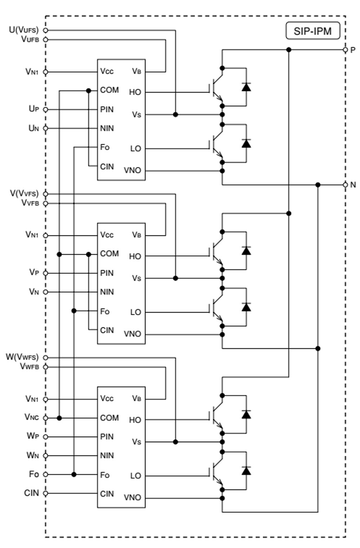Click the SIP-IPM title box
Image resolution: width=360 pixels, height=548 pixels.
pyautogui.click(x=312, y=31)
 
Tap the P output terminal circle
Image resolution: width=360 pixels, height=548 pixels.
pyautogui.click(x=345, y=50)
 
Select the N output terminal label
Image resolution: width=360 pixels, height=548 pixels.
pyautogui.click(x=353, y=185)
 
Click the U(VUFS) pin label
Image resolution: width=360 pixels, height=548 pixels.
pyautogui.click(x=24, y=30)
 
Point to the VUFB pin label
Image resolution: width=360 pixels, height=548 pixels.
pyautogui.click(x=30, y=39)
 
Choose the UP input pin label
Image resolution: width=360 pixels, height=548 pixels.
pyautogui.click(x=34, y=109)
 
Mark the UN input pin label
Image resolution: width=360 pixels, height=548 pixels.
pyautogui.click(x=34, y=128)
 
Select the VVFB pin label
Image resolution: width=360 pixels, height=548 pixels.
pyautogui.click(x=30, y=203)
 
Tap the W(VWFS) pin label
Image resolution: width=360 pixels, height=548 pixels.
pyautogui.click(x=22, y=357)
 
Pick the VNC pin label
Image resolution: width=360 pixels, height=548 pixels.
pyautogui.click(x=32, y=417)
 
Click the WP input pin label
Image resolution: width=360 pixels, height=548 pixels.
pyautogui.click(x=33, y=436)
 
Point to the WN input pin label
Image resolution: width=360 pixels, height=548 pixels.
pyautogui.click(x=33, y=456)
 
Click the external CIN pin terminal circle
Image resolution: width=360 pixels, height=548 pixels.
pyautogui.click(x=45, y=493)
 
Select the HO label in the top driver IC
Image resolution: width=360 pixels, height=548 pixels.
pyautogui.click(x=135, y=92)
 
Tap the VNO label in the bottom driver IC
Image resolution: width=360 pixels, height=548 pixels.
pyautogui.click(x=132, y=498)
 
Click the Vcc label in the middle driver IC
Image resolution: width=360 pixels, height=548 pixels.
pyautogui.click(x=107, y=235)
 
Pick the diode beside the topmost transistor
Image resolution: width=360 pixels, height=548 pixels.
pyautogui.click(x=246, y=87)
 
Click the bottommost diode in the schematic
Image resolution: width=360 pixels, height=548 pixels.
pyautogui.click(x=246, y=470)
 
